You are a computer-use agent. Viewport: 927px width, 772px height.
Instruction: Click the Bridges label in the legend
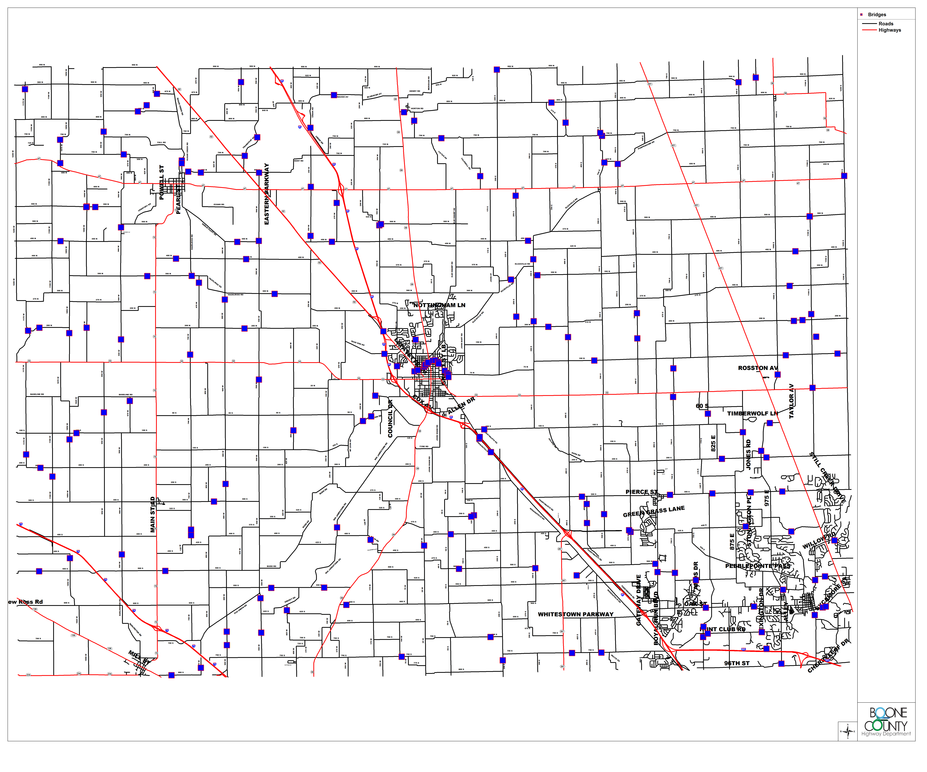877,15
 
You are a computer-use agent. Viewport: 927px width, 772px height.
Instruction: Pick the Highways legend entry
890,30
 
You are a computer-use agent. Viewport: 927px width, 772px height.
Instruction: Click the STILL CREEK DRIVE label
827,479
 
